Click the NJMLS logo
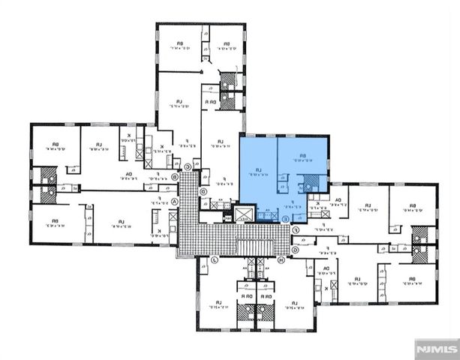(x=436, y=349)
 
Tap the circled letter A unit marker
(x=175, y=202)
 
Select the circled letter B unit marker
(x=174, y=177)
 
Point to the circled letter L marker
(x=214, y=260)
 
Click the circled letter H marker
(x=281, y=260)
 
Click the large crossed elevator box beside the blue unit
(x=245, y=214)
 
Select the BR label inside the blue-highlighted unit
(x=303, y=157)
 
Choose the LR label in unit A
(x=121, y=222)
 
